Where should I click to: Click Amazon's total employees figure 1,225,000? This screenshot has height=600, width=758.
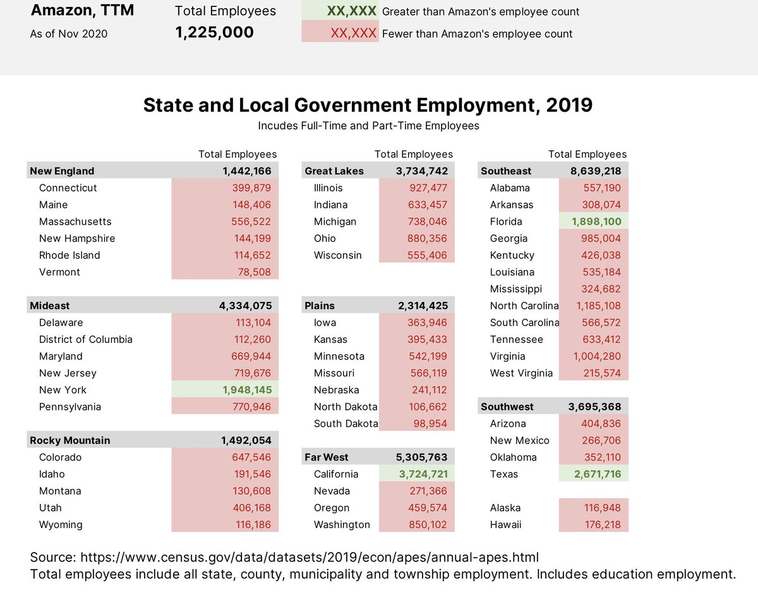[214, 33]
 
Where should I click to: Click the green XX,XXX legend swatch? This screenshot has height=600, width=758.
[340, 11]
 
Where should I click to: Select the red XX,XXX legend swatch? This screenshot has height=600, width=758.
[340, 33]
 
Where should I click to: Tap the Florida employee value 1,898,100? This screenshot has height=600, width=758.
[596, 222]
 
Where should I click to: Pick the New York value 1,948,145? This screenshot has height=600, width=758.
[246, 390]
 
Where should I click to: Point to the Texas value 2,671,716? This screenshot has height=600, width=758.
[596, 474]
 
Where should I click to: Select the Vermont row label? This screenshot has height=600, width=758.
[59, 272]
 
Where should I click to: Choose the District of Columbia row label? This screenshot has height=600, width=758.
[85, 339]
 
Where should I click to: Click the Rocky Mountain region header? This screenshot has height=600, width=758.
[69, 440]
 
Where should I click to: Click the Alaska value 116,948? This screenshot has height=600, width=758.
[599, 508]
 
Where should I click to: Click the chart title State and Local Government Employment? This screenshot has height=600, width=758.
[368, 105]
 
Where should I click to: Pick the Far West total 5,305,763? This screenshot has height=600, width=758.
[422, 457]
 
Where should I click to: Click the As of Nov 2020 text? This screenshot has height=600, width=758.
[69, 34]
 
